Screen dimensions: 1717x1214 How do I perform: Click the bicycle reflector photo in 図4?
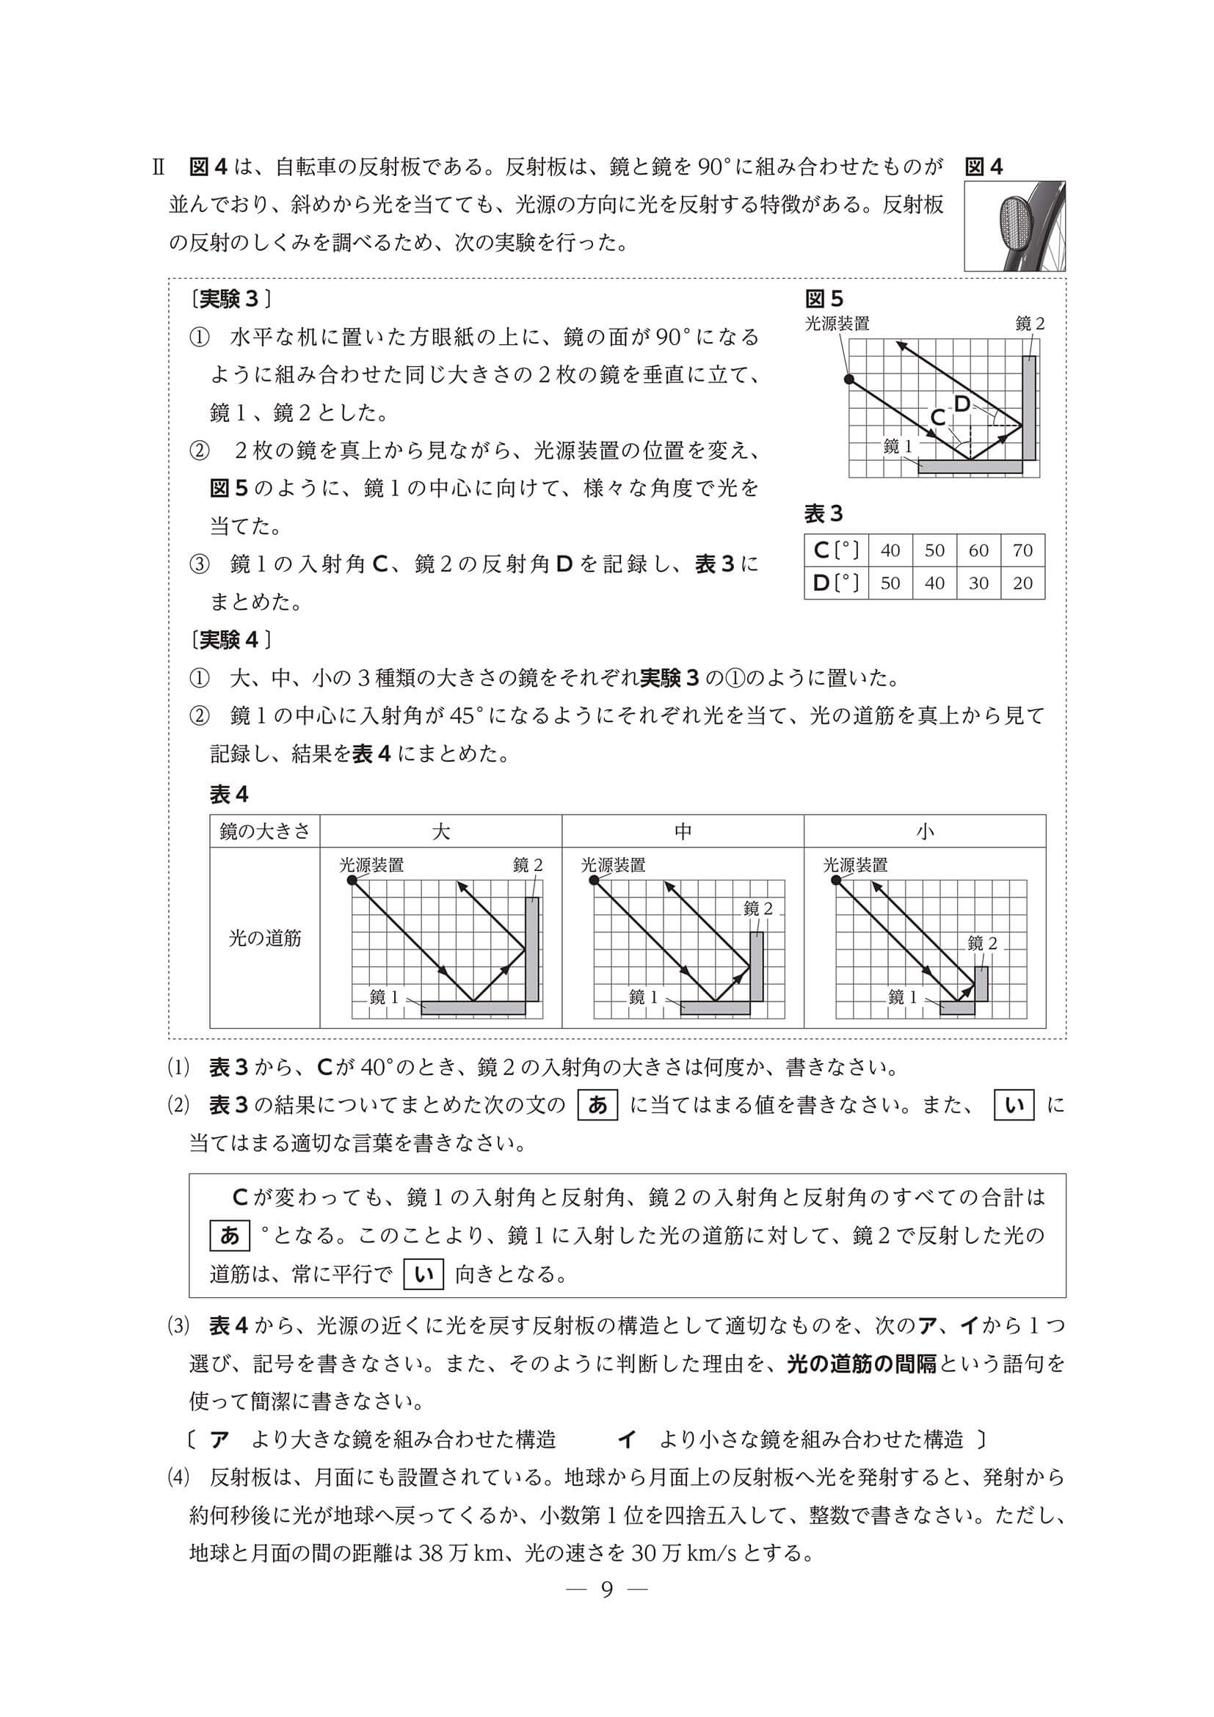coord(1014,226)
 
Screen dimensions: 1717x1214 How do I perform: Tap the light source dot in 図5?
coord(848,379)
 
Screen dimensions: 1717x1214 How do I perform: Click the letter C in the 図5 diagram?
coord(938,418)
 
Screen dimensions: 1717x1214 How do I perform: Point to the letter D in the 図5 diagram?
coord(962,404)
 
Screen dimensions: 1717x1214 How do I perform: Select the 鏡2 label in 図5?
coord(1030,324)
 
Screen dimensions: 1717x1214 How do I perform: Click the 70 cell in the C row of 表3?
coord(1022,550)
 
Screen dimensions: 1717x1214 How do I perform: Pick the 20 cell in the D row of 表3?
coord(1022,583)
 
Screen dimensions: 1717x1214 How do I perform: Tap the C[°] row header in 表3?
coord(835,550)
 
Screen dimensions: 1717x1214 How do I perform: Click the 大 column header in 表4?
coord(440,831)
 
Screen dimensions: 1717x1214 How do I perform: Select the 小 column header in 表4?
coord(925,831)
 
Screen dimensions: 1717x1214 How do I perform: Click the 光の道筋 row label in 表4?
coord(265,938)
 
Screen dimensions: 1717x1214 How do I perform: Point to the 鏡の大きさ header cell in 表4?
coord(265,831)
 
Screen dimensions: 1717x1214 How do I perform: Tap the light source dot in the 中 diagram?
coord(595,881)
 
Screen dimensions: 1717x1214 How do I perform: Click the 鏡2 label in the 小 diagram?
coord(982,944)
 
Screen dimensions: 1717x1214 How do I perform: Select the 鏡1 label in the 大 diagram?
coord(385,997)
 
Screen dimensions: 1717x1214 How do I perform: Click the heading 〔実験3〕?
coord(230,299)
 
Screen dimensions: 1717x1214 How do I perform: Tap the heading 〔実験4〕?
coord(230,640)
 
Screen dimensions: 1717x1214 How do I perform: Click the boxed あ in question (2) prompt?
coord(597,1105)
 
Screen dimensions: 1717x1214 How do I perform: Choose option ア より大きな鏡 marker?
coord(219,1439)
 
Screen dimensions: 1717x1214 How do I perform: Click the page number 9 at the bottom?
coord(606,1590)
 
